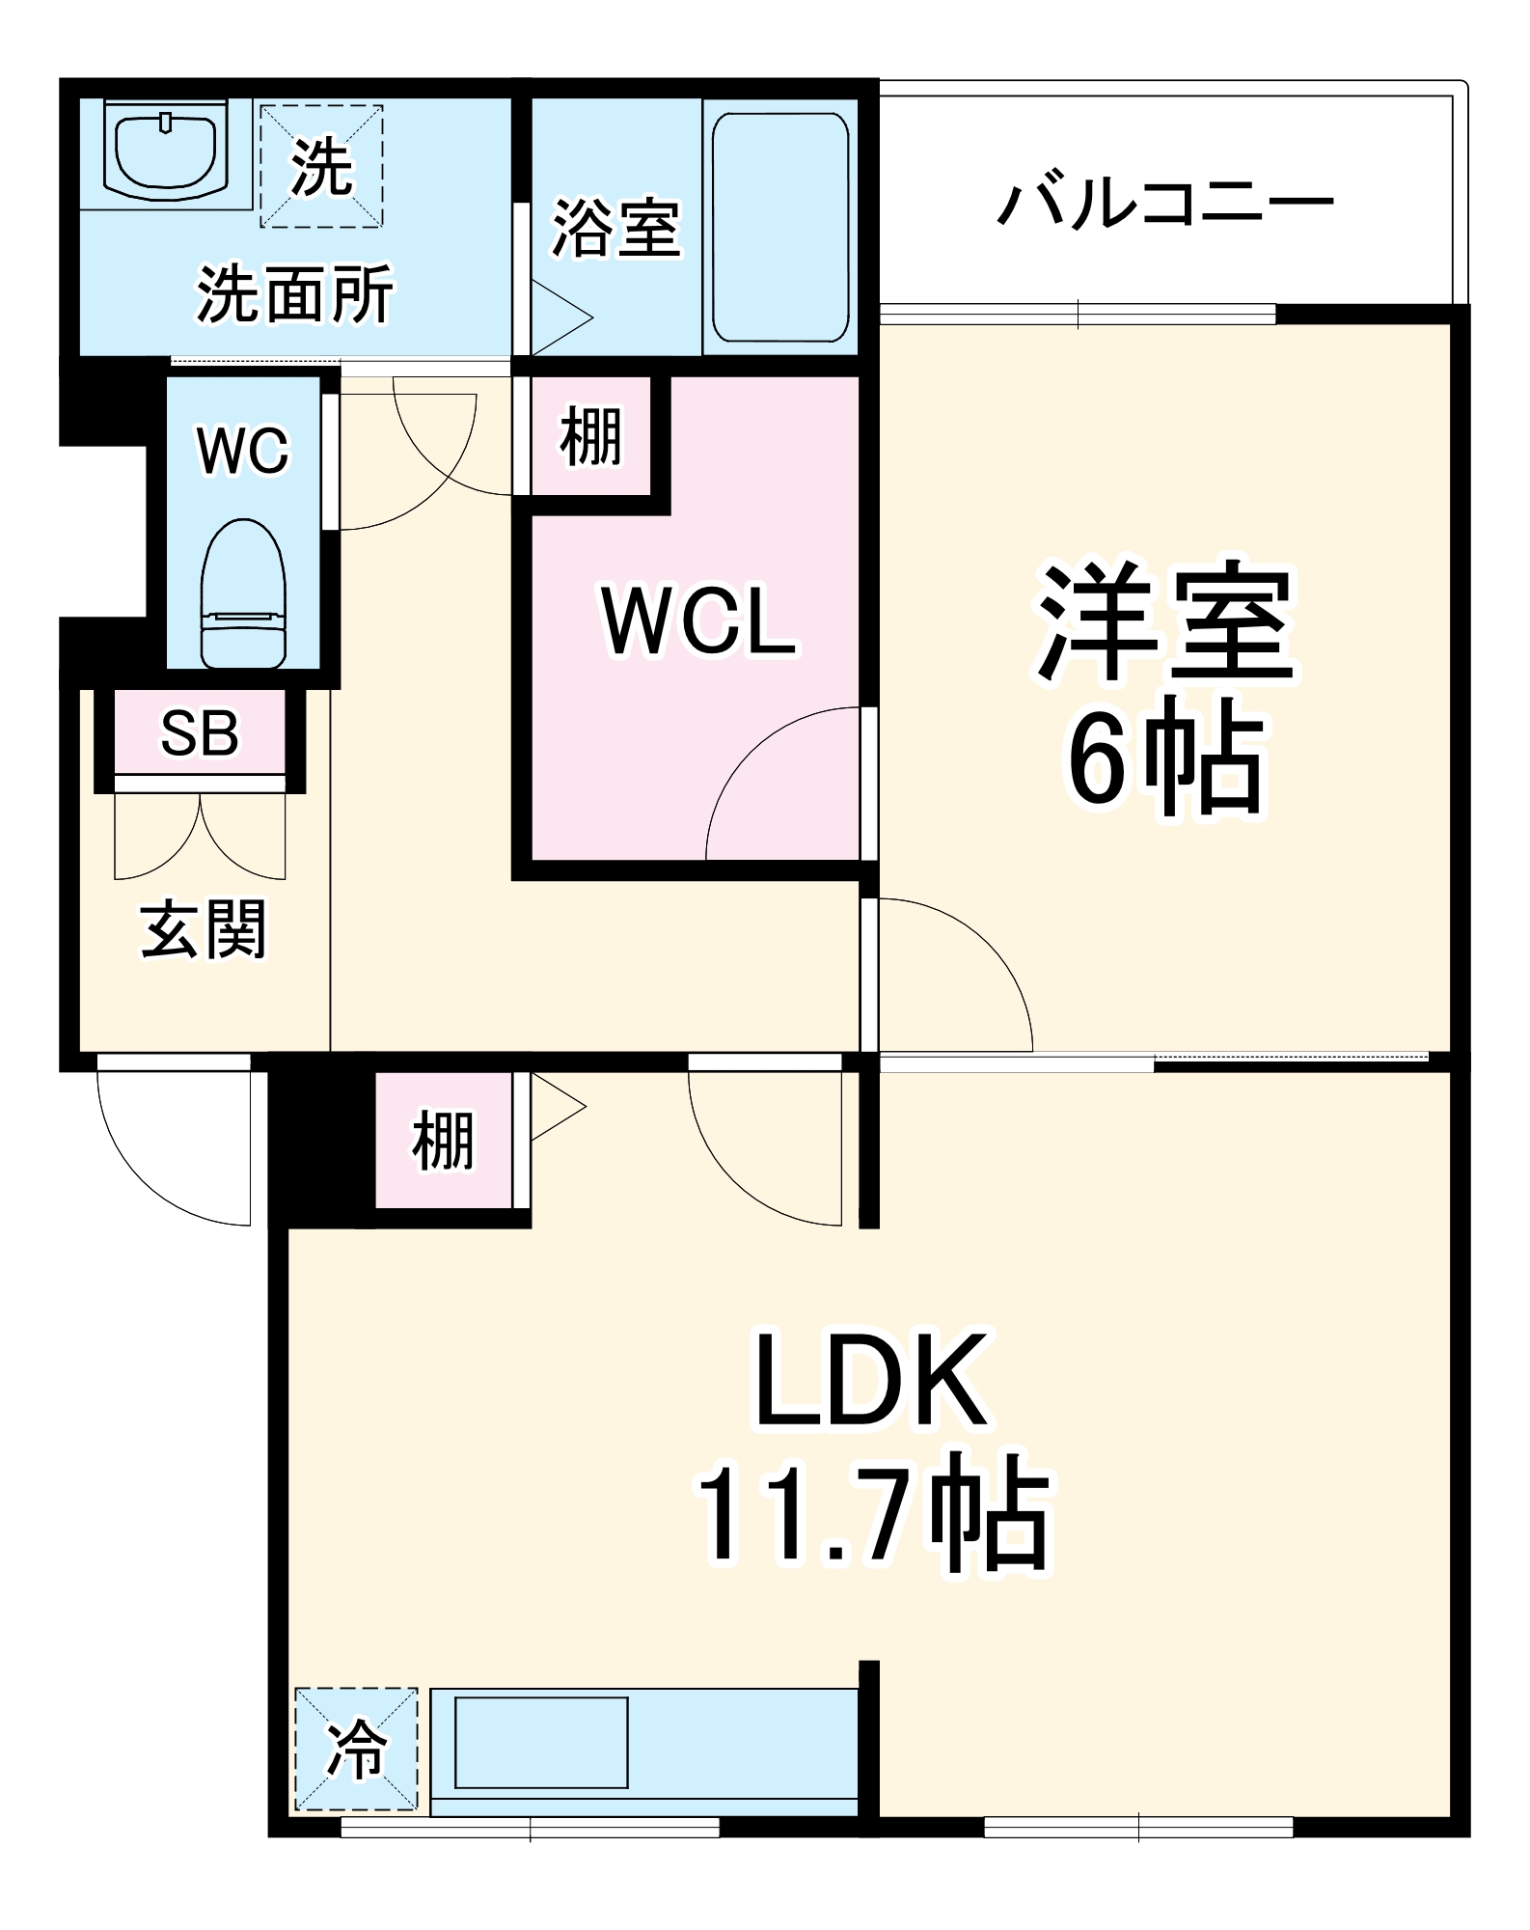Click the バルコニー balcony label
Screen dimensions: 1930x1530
pos(1164,204)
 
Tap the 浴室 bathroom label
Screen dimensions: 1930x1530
pos(616,229)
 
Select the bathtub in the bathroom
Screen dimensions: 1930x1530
pos(780,227)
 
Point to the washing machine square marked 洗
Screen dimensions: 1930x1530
pos(321,167)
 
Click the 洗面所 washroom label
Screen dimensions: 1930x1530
pos(295,294)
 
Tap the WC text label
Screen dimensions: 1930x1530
pos(243,450)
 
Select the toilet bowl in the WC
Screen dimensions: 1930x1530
pos(243,593)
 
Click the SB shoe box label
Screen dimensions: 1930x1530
pos(200,733)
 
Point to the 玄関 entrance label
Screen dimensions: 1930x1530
pos(203,930)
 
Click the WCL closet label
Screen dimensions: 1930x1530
pos(698,623)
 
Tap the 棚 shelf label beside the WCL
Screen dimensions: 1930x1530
pos(590,436)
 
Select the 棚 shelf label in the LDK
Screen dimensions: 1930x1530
pos(443,1141)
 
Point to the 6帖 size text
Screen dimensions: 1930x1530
pos(1164,763)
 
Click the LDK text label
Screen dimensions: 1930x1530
pos(870,1380)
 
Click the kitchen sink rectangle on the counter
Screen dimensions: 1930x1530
pos(541,1743)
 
